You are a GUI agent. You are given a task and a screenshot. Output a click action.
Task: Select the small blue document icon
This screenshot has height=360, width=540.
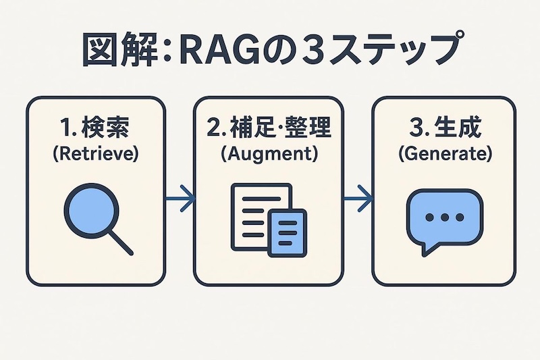[287, 232]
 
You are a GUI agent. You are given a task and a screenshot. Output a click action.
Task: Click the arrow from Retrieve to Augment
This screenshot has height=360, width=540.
[180, 199]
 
